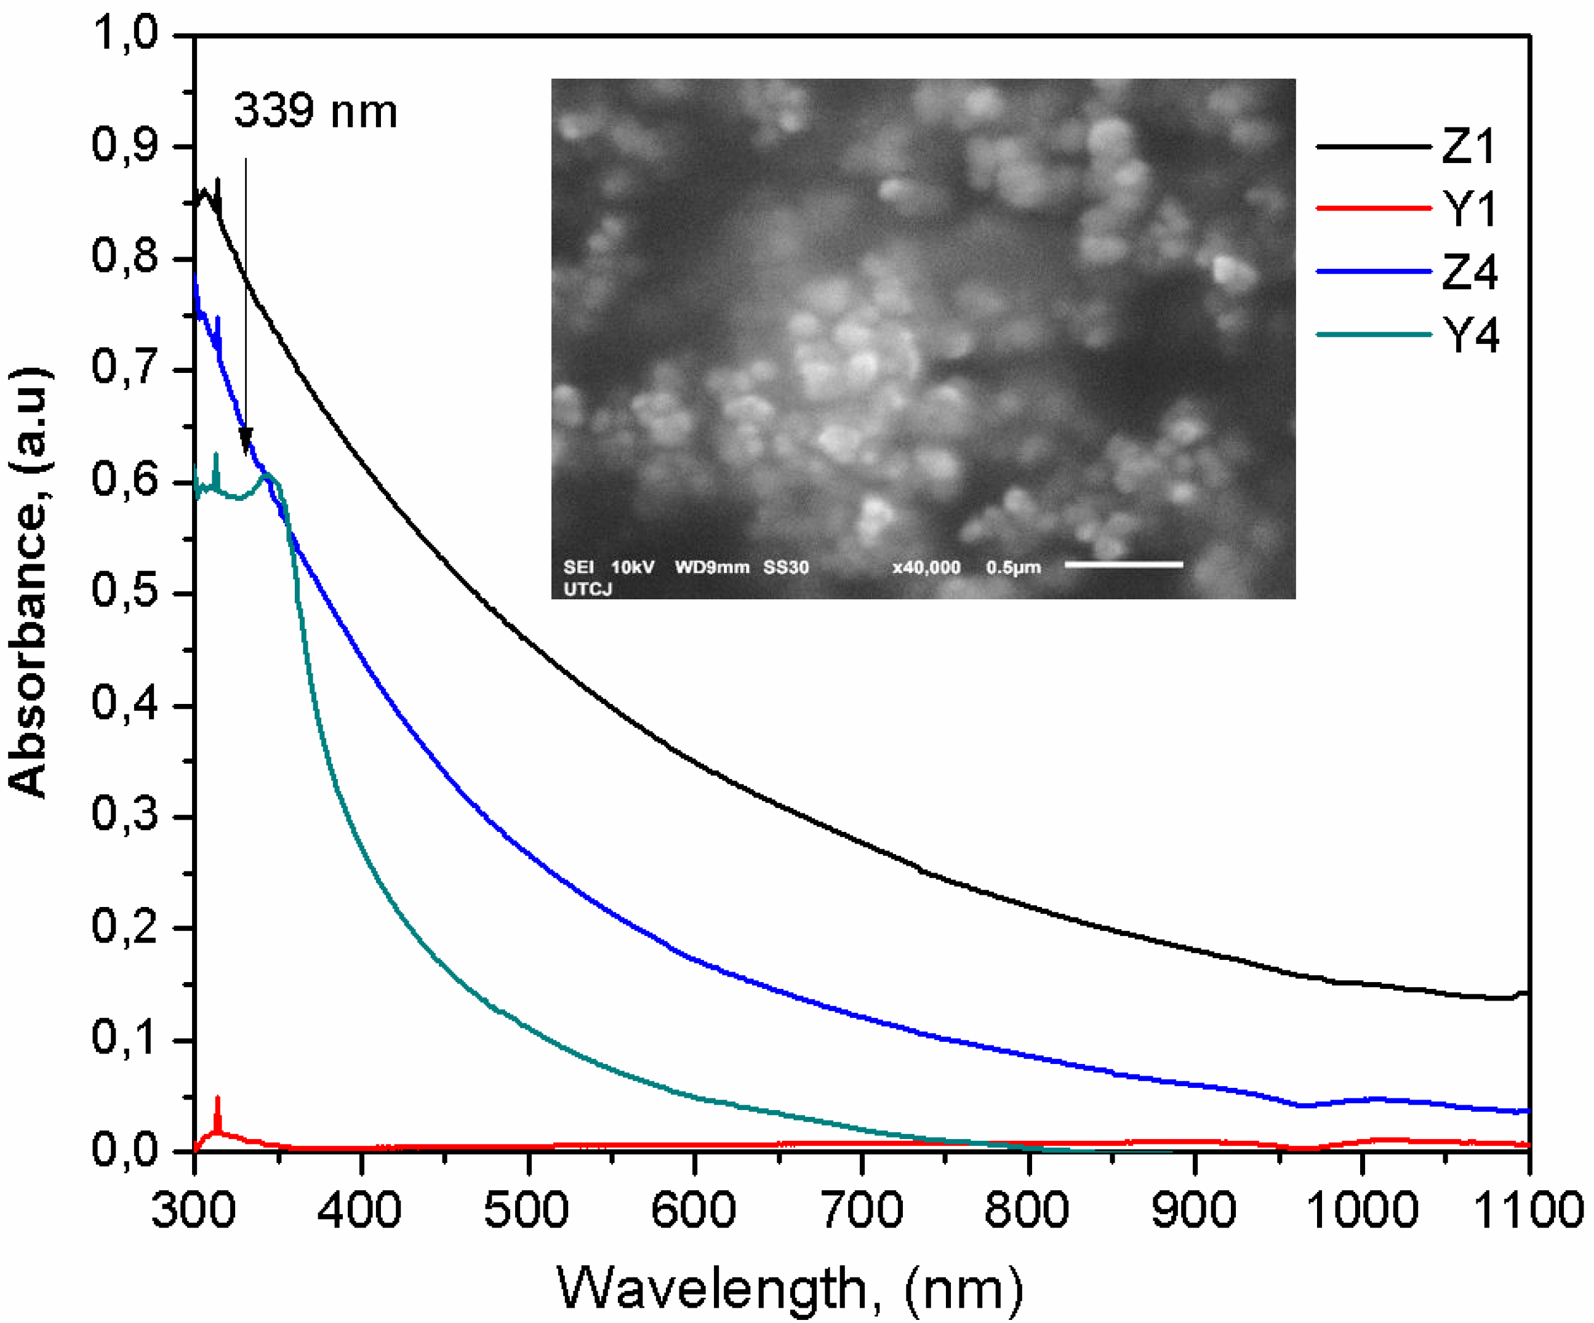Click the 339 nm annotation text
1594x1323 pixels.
click(x=315, y=111)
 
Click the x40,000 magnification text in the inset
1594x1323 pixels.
click(x=926, y=567)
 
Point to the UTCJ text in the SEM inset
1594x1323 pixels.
click(x=588, y=589)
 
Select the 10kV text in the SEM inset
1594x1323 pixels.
click(x=632, y=567)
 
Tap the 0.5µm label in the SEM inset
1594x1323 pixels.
click(x=1013, y=567)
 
